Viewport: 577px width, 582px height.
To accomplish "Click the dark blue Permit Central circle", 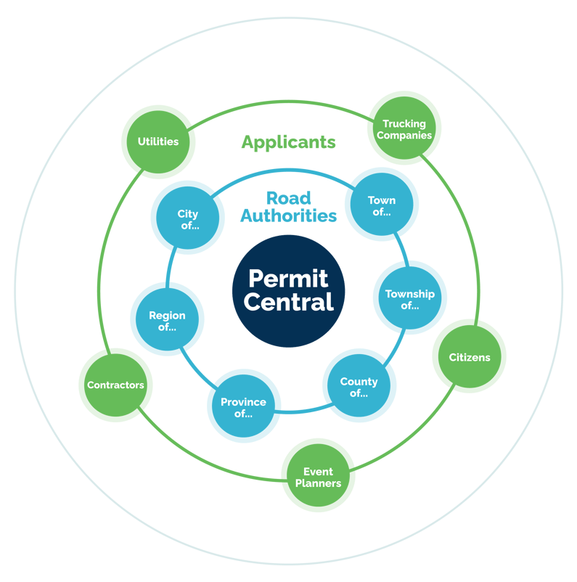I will click(289, 290).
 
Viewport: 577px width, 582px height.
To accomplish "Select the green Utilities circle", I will click(158, 142).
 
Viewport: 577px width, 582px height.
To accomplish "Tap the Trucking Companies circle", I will click(404, 129).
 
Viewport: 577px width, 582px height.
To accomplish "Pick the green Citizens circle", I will click(469, 356).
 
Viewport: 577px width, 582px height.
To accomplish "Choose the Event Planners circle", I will click(318, 476).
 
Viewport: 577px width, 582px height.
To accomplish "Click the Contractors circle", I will click(115, 385).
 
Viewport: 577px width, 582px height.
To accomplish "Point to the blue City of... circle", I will click(187, 218).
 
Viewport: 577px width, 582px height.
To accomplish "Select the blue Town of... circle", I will click(381, 205).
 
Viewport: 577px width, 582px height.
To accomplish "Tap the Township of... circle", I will click(409, 298).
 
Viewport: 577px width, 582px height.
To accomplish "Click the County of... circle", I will click(359, 387).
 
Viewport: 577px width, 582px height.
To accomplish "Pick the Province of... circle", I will click(243, 406).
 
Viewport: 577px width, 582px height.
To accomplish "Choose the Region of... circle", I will click(167, 319).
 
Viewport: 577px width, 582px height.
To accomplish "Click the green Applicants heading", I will click(288, 142).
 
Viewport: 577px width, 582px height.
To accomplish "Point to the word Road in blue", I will click(288, 197).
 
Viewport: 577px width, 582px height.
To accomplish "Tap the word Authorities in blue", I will click(288, 216).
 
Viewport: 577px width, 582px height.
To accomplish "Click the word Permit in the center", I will click(288, 278).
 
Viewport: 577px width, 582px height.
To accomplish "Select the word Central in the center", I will click(288, 302).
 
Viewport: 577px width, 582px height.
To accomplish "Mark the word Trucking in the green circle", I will click(404, 124).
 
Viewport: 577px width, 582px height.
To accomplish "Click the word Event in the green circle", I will click(318, 471).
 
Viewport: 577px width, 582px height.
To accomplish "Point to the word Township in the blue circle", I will click(409, 294).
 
